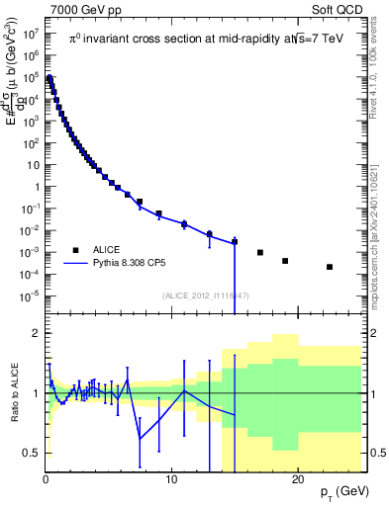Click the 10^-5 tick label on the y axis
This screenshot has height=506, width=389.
point(30,295)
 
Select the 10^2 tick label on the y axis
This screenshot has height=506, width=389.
point(30,142)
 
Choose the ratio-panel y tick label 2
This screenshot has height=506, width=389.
point(35,333)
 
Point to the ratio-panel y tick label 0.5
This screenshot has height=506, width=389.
point(31,453)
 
